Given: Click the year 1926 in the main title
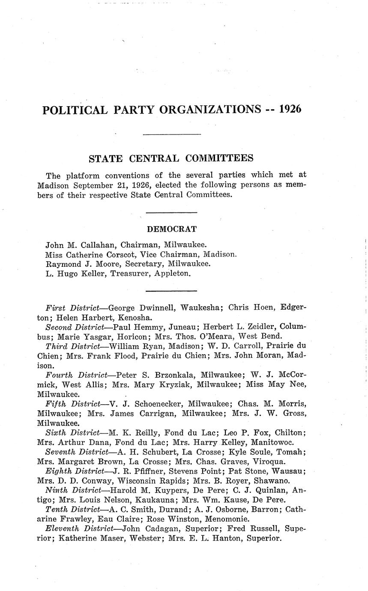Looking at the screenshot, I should [290, 109].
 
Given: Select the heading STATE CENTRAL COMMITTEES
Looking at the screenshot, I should [171, 158].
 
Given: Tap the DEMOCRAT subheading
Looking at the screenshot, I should [172, 229].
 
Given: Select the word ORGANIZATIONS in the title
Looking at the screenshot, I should [209, 110].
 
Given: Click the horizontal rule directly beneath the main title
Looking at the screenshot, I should [171, 135].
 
